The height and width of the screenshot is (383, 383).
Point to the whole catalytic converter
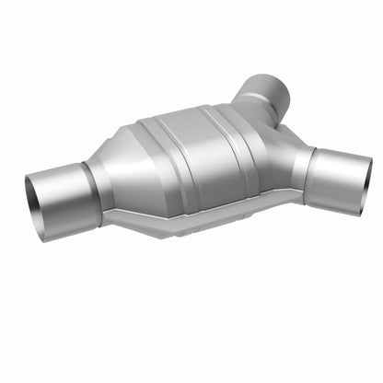[x=193, y=166]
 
